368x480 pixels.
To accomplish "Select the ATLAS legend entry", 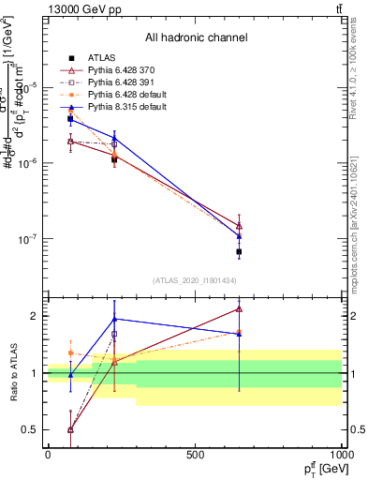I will (98, 58).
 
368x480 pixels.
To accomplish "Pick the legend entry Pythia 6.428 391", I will (119, 82).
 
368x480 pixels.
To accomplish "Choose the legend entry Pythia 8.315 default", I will (123, 107).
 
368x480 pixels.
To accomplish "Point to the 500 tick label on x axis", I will (195, 454).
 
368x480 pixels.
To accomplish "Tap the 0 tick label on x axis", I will (48, 454).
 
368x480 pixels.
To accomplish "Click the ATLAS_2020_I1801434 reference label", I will (195, 280).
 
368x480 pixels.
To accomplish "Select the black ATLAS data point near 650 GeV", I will (239, 252).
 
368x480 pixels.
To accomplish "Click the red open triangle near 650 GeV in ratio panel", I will (239, 307).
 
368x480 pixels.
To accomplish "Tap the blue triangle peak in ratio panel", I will (114, 319).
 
